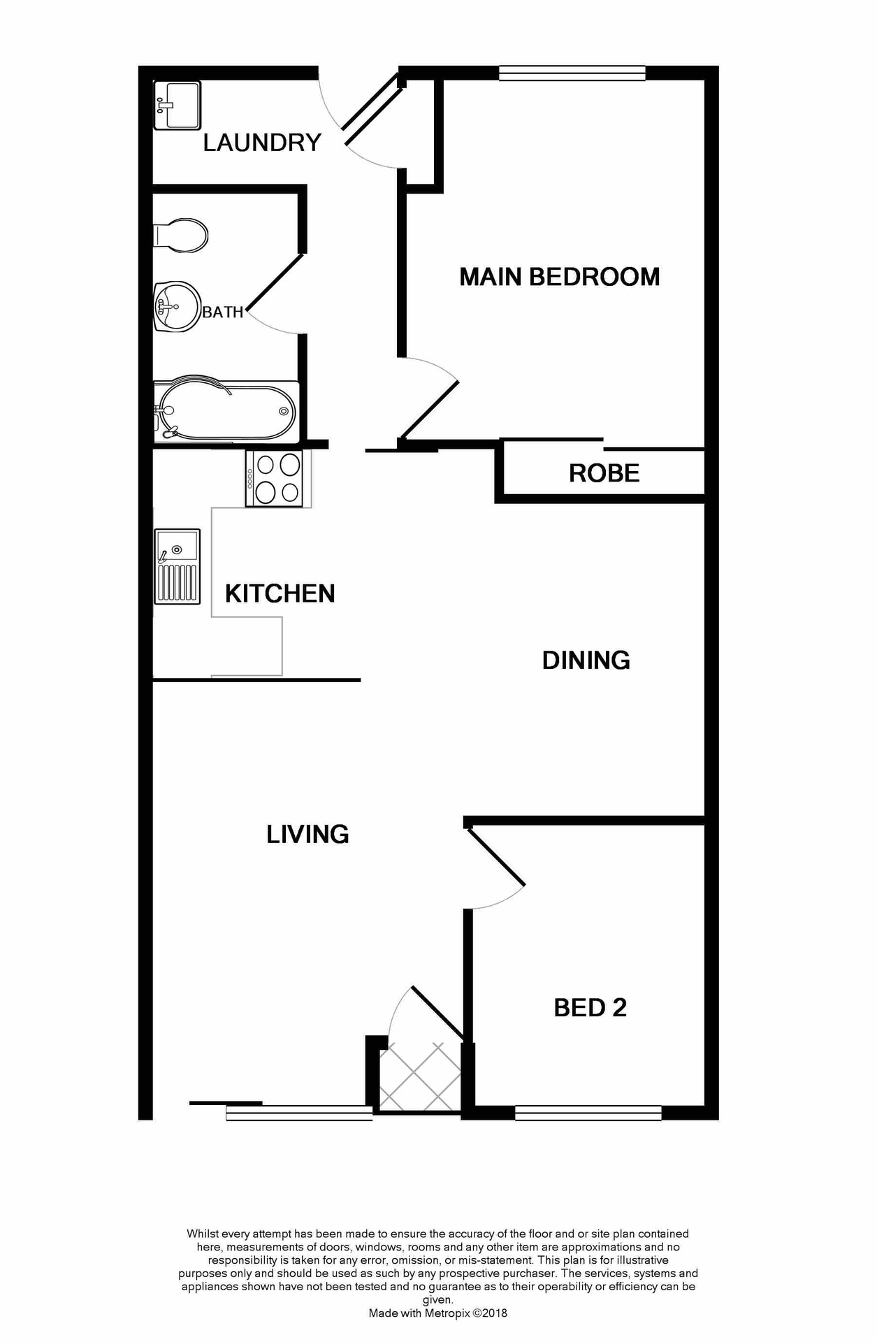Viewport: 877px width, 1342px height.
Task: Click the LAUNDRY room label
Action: pos(262,143)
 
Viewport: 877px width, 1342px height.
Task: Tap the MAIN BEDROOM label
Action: pos(559,277)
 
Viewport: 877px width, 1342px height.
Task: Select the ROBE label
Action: pos(604,473)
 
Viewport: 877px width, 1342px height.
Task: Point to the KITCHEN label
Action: pos(280,593)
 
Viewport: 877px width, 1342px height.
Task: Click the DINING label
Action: pos(586,660)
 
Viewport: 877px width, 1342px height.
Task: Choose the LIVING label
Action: pos(307,834)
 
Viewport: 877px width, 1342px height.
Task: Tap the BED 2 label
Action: pos(590,1007)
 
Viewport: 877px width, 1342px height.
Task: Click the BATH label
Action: pos(223,312)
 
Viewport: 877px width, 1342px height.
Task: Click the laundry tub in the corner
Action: pos(177,105)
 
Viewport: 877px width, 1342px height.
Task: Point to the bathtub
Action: pos(226,411)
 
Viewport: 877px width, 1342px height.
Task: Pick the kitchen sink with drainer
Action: pos(177,565)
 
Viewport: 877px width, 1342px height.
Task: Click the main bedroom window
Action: pos(572,73)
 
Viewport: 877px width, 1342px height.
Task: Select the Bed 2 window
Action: pos(588,1113)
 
